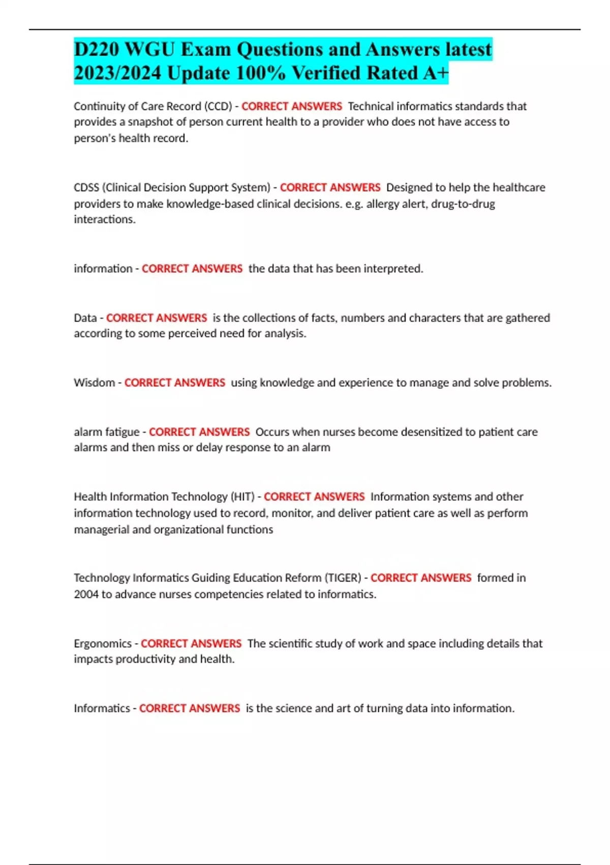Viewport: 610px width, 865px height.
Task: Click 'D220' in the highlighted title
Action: click(97, 49)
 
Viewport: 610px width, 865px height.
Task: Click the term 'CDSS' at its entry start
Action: click(86, 187)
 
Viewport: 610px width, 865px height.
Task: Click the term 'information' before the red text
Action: click(103, 269)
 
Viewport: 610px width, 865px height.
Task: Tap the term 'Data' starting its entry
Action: click(85, 318)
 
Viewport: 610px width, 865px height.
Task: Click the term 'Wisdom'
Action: click(94, 383)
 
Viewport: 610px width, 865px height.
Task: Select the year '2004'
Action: click(86, 594)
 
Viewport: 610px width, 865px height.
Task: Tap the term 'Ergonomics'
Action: click(102, 644)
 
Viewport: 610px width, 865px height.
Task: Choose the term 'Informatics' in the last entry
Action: click(102, 708)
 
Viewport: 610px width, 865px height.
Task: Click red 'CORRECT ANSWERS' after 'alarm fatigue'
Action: click(199, 432)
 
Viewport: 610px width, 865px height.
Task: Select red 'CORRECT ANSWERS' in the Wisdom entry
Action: click(175, 383)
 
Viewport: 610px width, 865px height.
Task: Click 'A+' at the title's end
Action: click(435, 73)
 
